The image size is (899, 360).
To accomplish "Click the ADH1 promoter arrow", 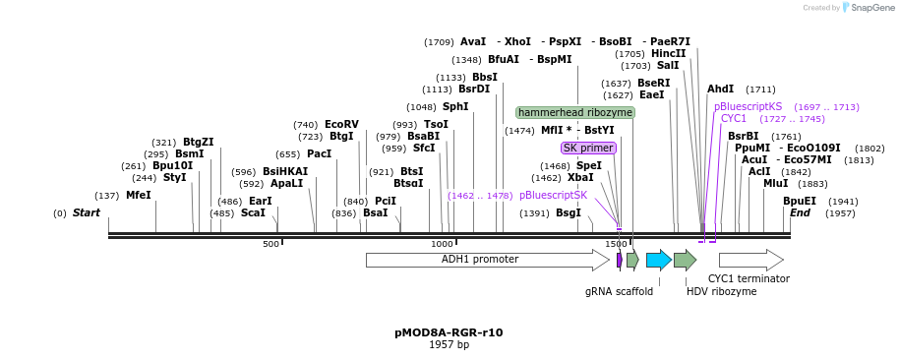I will [487, 260].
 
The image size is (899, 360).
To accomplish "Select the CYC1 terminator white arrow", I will [750, 260].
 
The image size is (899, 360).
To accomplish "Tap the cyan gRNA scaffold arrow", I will [658, 260].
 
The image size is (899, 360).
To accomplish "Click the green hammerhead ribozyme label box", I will [575, 113].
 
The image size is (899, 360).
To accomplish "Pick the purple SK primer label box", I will [588, 148].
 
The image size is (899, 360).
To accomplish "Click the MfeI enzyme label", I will [139, 196].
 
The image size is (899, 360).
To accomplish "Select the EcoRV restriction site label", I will [341, 125].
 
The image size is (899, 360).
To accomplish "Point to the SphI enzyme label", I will [455, 107].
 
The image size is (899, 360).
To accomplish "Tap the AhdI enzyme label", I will [720, 90].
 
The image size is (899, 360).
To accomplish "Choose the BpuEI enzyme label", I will [799, 202].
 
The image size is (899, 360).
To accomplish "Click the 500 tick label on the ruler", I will [270, 244].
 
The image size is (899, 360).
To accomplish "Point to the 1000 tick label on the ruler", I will [442, 244].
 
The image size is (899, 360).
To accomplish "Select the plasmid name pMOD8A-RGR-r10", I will [449, 332].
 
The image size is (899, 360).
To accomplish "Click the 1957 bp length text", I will [449, 345].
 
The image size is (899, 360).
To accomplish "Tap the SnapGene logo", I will [864, 8].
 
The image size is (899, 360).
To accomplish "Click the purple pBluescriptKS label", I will [748, 106].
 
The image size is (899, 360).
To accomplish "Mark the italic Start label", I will [87, 213].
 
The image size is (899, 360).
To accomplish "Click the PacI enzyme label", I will [318, 154].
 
